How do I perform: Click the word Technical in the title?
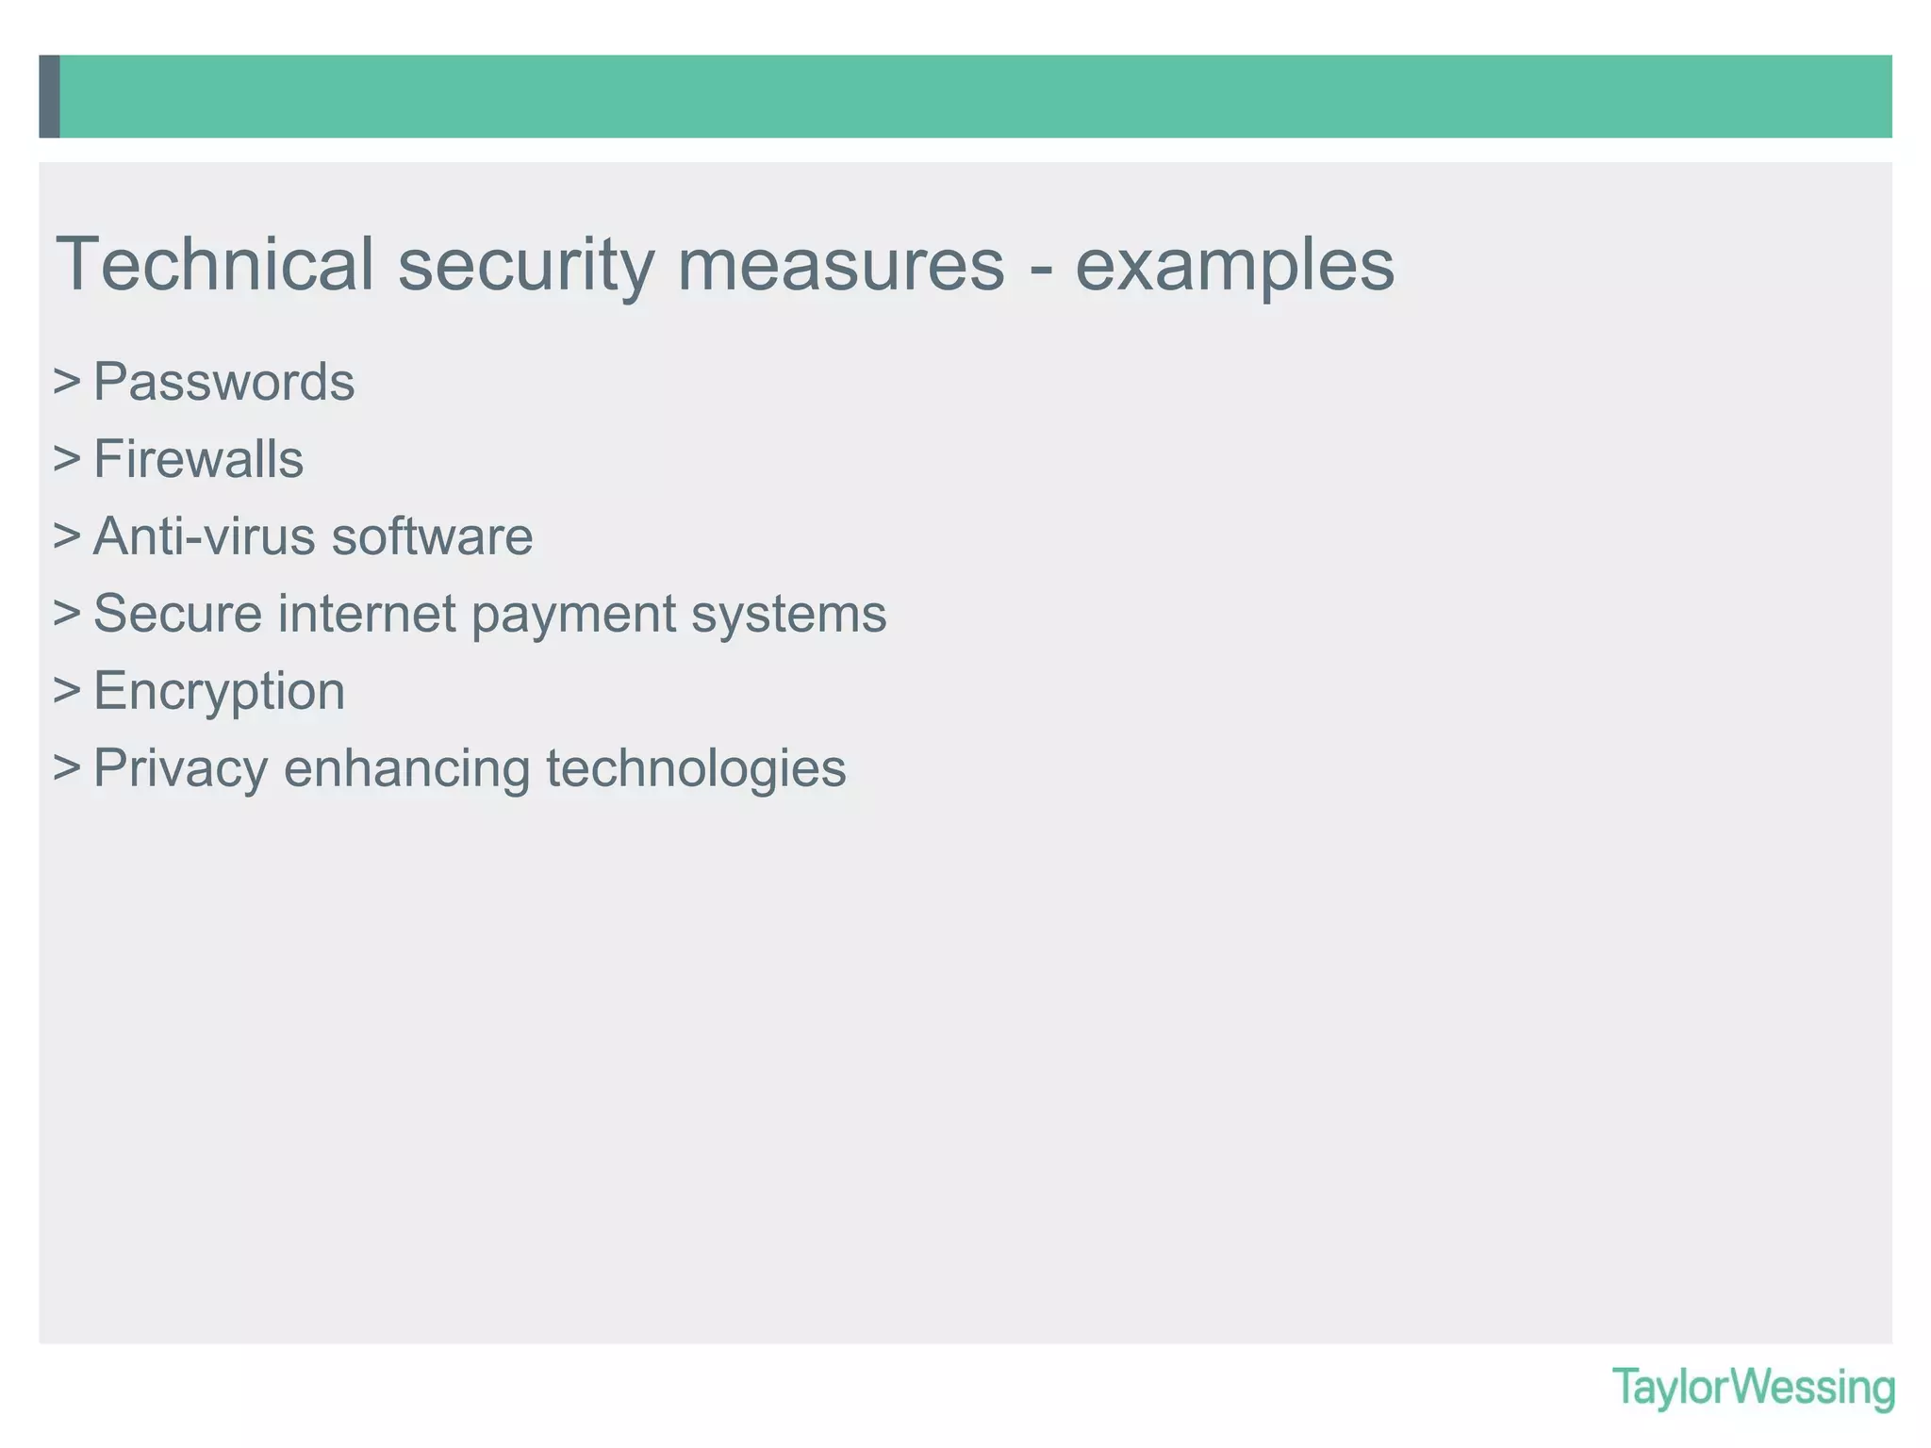215,265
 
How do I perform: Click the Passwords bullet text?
223,383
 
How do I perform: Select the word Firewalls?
198,460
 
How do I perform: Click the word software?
432,537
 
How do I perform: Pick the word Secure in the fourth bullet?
177,614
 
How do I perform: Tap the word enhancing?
407,769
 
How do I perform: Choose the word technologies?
696,769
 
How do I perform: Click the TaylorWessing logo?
1753,1388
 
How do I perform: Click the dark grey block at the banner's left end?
49,96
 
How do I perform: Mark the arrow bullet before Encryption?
66,691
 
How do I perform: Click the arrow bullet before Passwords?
66,382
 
